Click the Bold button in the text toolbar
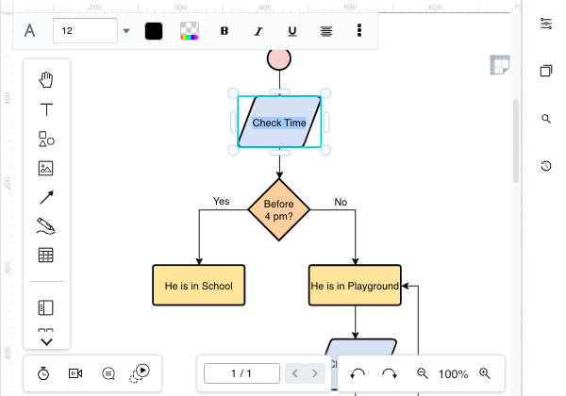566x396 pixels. pyautogui.click(x=225, y=30)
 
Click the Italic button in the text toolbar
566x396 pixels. pyautogui.click(x=258, y=30)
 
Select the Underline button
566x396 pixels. pyautogui.click(x=292, y=30)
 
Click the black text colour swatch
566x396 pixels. pyautogui.click(x=154, y=30)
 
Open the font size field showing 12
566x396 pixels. pyautogui.click(x=85, y=30)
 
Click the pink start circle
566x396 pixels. pyautogui.click(x=279, y=58)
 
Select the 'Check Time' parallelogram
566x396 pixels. pyautogui.click(x=279, y=123)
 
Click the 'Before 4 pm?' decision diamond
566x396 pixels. pyautogui.click(x=279, y=209)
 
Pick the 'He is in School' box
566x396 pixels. pyautogui.click(x=198, y=286)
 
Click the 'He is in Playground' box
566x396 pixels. pyautogui.click(x=355, y=286)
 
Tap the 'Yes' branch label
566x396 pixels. pyautogui.click(x=221, y=201)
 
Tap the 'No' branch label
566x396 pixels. pyautogui.click(x=341, y=201)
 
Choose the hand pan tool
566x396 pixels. pyautogui.click(x=45, y=79)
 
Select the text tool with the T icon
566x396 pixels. pyautogui.click(x=45, y=109)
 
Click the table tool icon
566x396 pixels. pyautogui.click(x=45, y=255)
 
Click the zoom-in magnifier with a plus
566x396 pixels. pyautogui.click(x=485, y=373)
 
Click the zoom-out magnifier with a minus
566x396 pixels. pyautogui.click(x=423, y=373)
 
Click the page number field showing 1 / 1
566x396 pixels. pyautogui.click(x=241, y=373)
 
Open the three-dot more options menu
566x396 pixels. pyautogui.click(x=359, y=30)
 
